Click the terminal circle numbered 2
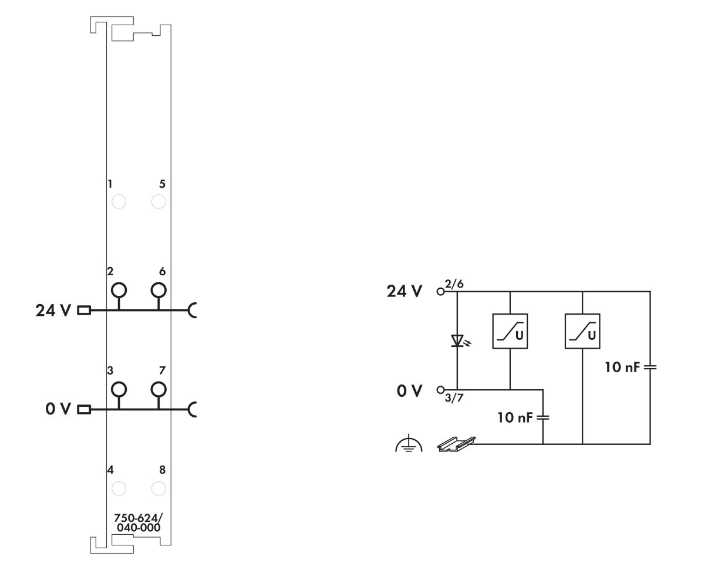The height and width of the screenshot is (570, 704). point(119,290)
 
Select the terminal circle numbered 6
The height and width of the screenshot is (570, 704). point(158,290)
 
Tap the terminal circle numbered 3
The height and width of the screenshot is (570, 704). point(119,389)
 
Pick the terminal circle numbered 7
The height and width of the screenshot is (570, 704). point(158,389)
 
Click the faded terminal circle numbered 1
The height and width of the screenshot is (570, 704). point(119,202)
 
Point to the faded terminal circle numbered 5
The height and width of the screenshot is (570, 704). point(158,202)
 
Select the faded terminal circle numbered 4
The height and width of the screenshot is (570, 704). point(119,488)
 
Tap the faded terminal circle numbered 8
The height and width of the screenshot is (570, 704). point(158,488)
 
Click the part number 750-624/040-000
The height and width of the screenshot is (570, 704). point(138,523)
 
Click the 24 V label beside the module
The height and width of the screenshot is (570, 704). point(53,311)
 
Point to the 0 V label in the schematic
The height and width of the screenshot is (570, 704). point(410,390)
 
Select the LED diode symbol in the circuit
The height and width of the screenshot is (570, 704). point(457,340)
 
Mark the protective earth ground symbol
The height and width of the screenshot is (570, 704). point(405,446)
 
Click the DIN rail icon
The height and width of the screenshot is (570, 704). point(456,445)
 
